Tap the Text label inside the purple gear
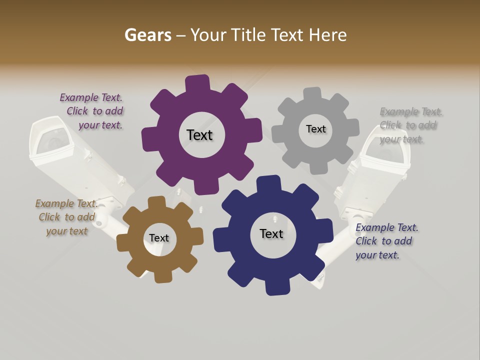coord(199,135)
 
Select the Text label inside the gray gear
coord(315,129)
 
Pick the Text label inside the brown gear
coord(159,238)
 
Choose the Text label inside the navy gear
coord(271,233)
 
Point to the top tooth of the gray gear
coord(312,94)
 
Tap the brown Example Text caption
coord(66,217)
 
